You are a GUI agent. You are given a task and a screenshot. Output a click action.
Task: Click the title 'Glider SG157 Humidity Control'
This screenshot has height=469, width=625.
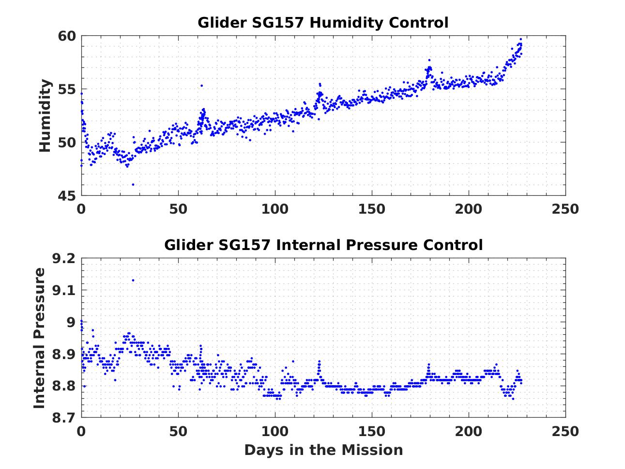coord(323,23)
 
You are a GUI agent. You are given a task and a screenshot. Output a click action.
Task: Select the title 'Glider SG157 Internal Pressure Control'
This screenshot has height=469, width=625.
coord(323,245)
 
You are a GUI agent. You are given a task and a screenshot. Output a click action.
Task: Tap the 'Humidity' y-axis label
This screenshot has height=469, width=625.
coord(45,116)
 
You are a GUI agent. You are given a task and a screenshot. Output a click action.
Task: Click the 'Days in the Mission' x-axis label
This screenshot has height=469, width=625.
coord(323,450)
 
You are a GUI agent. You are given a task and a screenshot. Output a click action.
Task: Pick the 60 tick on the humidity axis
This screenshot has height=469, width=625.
coord(67,36)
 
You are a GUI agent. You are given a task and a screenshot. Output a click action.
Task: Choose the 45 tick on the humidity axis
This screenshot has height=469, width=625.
coord(67,196)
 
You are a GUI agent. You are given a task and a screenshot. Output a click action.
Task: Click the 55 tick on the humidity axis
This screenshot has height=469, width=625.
coord(67,90)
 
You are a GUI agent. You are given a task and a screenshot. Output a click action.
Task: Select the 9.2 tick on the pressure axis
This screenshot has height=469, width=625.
coord(64,259)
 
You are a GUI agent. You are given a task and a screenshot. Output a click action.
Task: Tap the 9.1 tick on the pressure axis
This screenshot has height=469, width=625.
coord(64,291)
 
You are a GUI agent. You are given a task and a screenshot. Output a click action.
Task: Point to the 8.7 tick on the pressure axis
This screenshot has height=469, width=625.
coord(64,418)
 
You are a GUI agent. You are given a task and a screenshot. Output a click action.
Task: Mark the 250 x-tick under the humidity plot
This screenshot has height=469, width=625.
coord(565,209)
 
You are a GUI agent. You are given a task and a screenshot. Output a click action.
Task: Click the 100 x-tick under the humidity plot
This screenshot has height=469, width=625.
coord(274,209)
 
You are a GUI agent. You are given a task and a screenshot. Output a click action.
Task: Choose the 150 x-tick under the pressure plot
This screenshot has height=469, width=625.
coord(371,431)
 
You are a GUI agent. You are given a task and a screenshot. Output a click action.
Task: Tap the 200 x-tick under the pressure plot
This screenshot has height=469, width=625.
coord(468,431)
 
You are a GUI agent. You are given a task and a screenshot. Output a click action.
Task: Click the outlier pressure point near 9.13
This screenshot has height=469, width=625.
coord(133,280)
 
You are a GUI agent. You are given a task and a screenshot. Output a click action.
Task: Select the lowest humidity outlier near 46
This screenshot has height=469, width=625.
coord(133,184)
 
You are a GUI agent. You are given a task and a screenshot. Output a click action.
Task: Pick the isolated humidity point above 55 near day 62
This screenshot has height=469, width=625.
coord(201,86)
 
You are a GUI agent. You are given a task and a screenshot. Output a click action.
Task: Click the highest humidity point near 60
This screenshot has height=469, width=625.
coord(520,39)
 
